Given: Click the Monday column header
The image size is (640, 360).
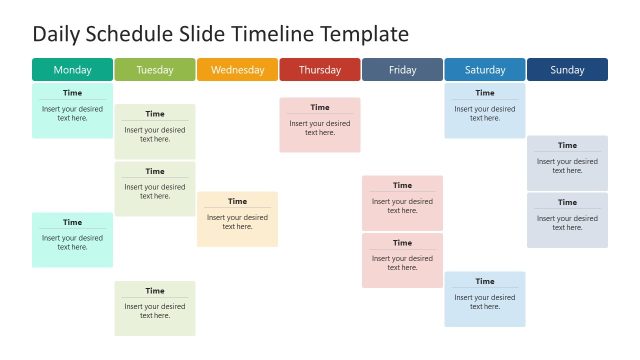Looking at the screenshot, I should pos(72,70).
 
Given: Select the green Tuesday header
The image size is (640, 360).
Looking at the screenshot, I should pos(155,70).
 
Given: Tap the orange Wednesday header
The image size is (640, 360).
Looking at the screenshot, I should pos(237,70).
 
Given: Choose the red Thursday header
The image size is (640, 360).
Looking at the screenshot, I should pos(320,70).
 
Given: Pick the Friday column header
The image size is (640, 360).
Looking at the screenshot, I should pos(402,70).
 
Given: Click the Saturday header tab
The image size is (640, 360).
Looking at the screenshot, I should pos(485,70).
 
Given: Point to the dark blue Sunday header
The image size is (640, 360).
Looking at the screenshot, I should pos(567,70).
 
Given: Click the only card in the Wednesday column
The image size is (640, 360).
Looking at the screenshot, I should pos(237,219).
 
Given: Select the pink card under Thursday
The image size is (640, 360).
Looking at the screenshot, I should pos(320,125).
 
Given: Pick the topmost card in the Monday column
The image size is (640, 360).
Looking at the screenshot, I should pos(72,110).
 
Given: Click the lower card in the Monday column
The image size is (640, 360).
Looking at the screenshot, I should pos(72,240).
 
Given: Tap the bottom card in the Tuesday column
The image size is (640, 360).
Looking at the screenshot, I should pos(155,308).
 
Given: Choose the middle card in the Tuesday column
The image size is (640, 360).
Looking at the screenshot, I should pos(155,189).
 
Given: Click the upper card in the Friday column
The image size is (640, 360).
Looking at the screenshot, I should pos(402,203).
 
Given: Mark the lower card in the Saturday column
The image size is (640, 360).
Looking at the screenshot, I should pos(485,299).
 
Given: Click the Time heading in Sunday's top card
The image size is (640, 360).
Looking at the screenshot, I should pos(567,146).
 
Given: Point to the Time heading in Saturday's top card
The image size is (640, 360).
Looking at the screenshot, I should pos(485,93).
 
